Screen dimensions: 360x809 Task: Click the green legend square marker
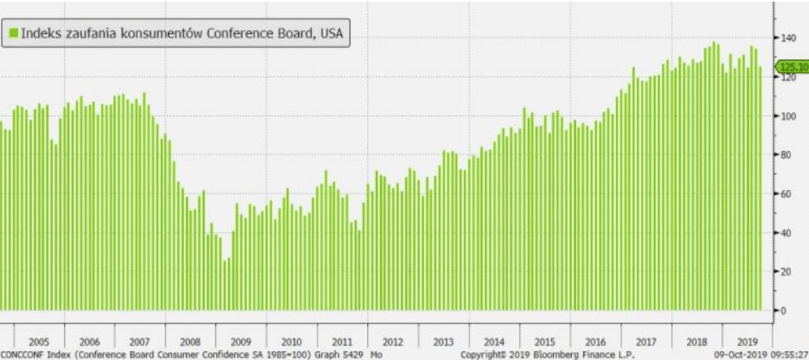(13, 34)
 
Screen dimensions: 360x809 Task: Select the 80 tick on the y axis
(786, 154)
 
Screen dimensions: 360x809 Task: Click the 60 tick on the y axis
(786, 193)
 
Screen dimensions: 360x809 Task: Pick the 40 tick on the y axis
(786, 232)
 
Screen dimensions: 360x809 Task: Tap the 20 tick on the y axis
(786, 271)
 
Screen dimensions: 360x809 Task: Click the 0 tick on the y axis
(784, 310)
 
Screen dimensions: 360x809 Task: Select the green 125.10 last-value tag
(792, 67)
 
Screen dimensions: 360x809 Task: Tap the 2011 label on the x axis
(341, 340)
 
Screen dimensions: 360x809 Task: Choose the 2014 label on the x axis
(494, 340)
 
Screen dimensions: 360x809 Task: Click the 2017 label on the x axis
(647, 340)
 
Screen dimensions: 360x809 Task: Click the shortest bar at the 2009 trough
(226, 284)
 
